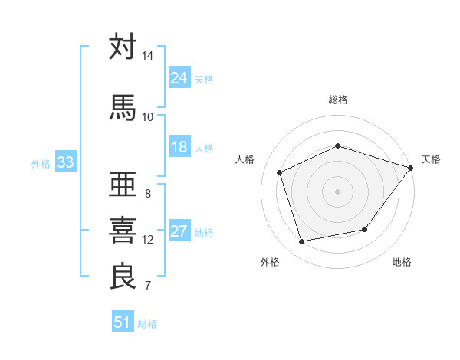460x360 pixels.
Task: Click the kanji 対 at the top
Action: pos(123,47)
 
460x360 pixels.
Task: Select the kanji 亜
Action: pos(123,184)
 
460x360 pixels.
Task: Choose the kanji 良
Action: pos(123,276)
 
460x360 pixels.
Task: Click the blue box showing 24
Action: pos(179,78)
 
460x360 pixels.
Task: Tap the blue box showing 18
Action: pos(179,147)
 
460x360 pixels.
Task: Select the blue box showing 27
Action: pos(179,232)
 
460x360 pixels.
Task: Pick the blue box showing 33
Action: pos(65,162)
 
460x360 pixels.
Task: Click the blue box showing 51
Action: pos(123,322)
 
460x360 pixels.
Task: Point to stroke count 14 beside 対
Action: pos(147,57)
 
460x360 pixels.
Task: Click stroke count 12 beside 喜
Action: pos(147,240)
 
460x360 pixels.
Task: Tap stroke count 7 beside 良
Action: pos(147,286)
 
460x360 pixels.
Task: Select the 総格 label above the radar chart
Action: pos(338,100)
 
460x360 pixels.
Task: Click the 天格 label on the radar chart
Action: pos(431,159)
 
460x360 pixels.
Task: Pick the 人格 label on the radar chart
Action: pos(245,159)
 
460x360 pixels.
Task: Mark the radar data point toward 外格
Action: pos(302,242)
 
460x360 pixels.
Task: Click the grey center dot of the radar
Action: pos(337,191)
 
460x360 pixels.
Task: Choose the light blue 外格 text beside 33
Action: pos(41,163)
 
